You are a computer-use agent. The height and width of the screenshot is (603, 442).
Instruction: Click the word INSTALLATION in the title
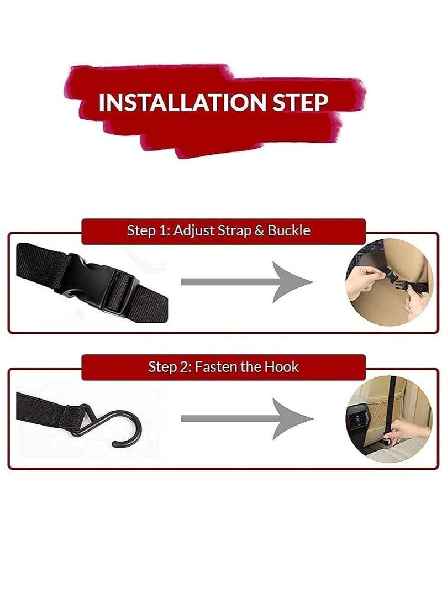pyautogui.click(x=182, y=102)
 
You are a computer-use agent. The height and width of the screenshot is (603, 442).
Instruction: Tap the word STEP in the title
pyautogui.click(x=301, y=102)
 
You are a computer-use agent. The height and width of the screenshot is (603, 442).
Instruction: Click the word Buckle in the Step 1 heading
pyautogui.click(x=288, y=230)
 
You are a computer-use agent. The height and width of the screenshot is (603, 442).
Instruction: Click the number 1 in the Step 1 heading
pyautogui.click(x=164, y=230)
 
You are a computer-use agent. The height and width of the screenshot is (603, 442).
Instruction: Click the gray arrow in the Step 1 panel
pyautogui.click(x=247, y=282)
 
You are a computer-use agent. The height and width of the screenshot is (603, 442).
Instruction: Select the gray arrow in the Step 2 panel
pyautogui.click(x=247, y=419)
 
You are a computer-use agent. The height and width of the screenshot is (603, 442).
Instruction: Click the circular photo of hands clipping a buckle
pyautogui.click(x=389, y=282)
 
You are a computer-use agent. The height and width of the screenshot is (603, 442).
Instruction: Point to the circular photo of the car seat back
pyautogui.click(x=389, y=419)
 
